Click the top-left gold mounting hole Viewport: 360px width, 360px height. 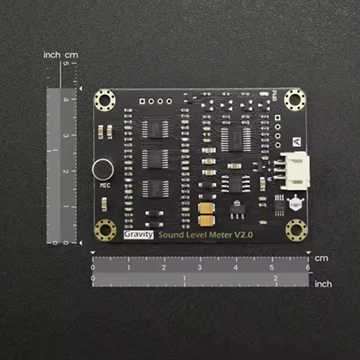[x=106, y=99]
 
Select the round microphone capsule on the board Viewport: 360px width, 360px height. [x=102, y=170]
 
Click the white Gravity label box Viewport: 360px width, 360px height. [x=138, y=235]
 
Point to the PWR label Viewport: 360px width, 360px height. [x=274, y=94]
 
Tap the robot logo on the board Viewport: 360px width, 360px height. [x=295, y=203]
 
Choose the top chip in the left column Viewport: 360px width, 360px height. [x=154, y=127]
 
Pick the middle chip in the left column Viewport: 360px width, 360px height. [x=154, y=157]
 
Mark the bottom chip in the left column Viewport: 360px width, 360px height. [x=154, y=187]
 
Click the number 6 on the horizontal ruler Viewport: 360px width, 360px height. [x=308, y=267]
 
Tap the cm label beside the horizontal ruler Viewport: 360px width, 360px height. [x=321, y=258]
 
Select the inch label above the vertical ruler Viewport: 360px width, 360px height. [x=52, y=55]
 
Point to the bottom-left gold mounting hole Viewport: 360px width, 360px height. [x=106, y=230]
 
